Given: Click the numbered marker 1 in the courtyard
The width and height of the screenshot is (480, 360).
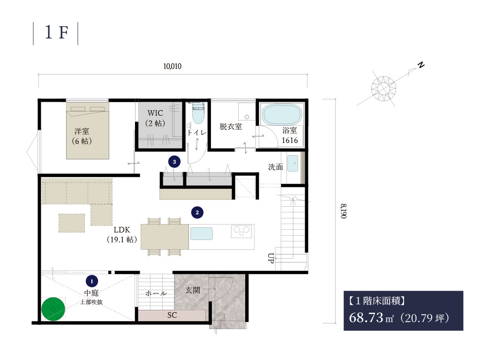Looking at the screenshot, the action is click(92, 281).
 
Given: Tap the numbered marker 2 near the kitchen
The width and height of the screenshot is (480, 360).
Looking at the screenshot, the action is click(197, 212).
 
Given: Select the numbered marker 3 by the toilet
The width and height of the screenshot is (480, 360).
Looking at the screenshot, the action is click(174, 162).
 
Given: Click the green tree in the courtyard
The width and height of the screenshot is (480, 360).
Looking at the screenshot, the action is click(53, 309).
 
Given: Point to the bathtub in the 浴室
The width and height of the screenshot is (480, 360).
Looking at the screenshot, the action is click(282, 114).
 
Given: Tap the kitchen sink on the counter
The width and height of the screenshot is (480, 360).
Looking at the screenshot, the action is click(202, 233).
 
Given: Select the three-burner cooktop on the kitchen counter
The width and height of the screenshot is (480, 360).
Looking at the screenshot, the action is click(241, 231).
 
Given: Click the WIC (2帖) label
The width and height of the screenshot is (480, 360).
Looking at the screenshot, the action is click(155, 118).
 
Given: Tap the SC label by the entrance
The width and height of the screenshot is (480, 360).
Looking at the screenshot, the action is click(172, 315).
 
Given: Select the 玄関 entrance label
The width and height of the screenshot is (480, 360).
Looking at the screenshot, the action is click(193, 290).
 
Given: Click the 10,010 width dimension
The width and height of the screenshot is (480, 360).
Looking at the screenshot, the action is click(172, 66).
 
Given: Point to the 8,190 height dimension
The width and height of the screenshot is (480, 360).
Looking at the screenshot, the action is click(344, 211).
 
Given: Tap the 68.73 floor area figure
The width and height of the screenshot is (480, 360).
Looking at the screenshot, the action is click(366, 317).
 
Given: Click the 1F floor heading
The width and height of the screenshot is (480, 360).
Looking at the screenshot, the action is click(56, 32).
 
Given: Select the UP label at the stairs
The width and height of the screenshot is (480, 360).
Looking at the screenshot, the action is click(270, 258).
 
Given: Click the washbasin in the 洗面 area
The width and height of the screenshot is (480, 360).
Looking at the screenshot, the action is click(292, 164).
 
